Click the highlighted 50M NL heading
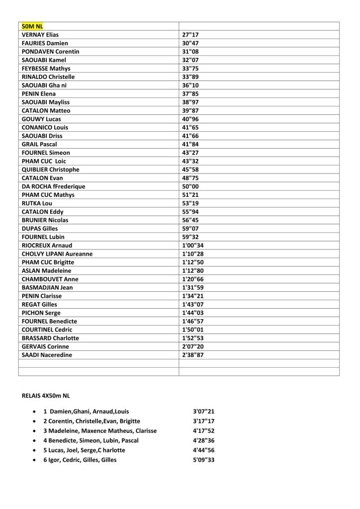(33, 26)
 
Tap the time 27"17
(190, 35)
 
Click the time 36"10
(190, 85)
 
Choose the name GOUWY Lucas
(41, 119)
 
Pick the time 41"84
(190, 144)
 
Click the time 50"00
(190, 186)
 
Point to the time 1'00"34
(193, 245)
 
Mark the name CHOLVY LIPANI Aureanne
(57, 254)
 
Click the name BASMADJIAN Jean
(47, 287)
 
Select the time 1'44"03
(193, 313)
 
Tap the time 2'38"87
(193, 355)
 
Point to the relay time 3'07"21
(203, 412)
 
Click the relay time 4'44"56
(203, 450)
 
